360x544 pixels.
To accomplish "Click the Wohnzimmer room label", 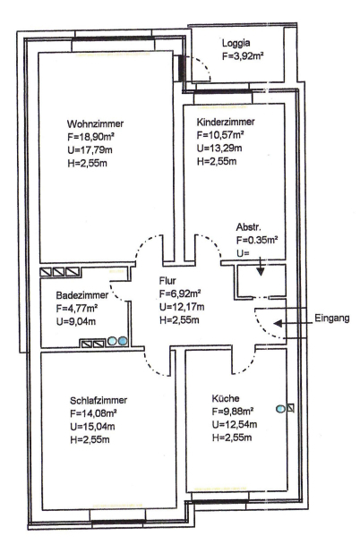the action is (95, 123).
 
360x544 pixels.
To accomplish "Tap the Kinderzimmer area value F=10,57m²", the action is (220, 135).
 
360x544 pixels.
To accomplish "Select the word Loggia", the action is (236, 44).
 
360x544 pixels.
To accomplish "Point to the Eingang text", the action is (332, 319).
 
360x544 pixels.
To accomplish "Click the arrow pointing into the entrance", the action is (289, 323).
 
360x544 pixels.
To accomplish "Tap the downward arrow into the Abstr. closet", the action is (261, 267).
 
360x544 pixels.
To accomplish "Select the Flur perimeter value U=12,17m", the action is (182, 307).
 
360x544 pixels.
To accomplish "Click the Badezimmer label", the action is (81, 295).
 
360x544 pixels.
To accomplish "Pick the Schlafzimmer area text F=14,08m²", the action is (93, 413).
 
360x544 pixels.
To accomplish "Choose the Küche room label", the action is (226, 398).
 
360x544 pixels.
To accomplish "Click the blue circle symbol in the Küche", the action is (280, 409).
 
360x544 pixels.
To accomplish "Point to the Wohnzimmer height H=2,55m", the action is (87, 164).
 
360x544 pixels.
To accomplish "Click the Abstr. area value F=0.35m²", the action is (257, 240).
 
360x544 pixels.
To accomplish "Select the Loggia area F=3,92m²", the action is (243, 56).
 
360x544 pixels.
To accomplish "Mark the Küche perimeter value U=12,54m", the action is (235, 424).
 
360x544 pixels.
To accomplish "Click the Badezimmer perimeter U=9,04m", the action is (76, 321).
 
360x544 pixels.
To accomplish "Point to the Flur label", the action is (167, 281).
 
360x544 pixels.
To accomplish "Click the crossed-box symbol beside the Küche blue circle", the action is (290, 408).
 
